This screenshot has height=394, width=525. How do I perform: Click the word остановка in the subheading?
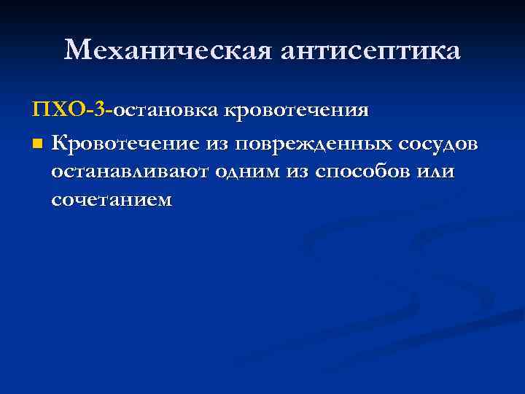point(166,112)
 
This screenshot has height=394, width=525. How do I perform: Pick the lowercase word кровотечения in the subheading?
point(296,112)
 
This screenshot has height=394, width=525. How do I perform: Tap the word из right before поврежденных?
point(219,144)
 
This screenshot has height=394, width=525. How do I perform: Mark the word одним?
point(244,171)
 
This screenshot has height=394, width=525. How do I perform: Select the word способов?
point(361,171)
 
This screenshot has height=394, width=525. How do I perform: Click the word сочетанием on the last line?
point(112,199)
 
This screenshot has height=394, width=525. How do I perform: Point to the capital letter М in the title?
point(79,51)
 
